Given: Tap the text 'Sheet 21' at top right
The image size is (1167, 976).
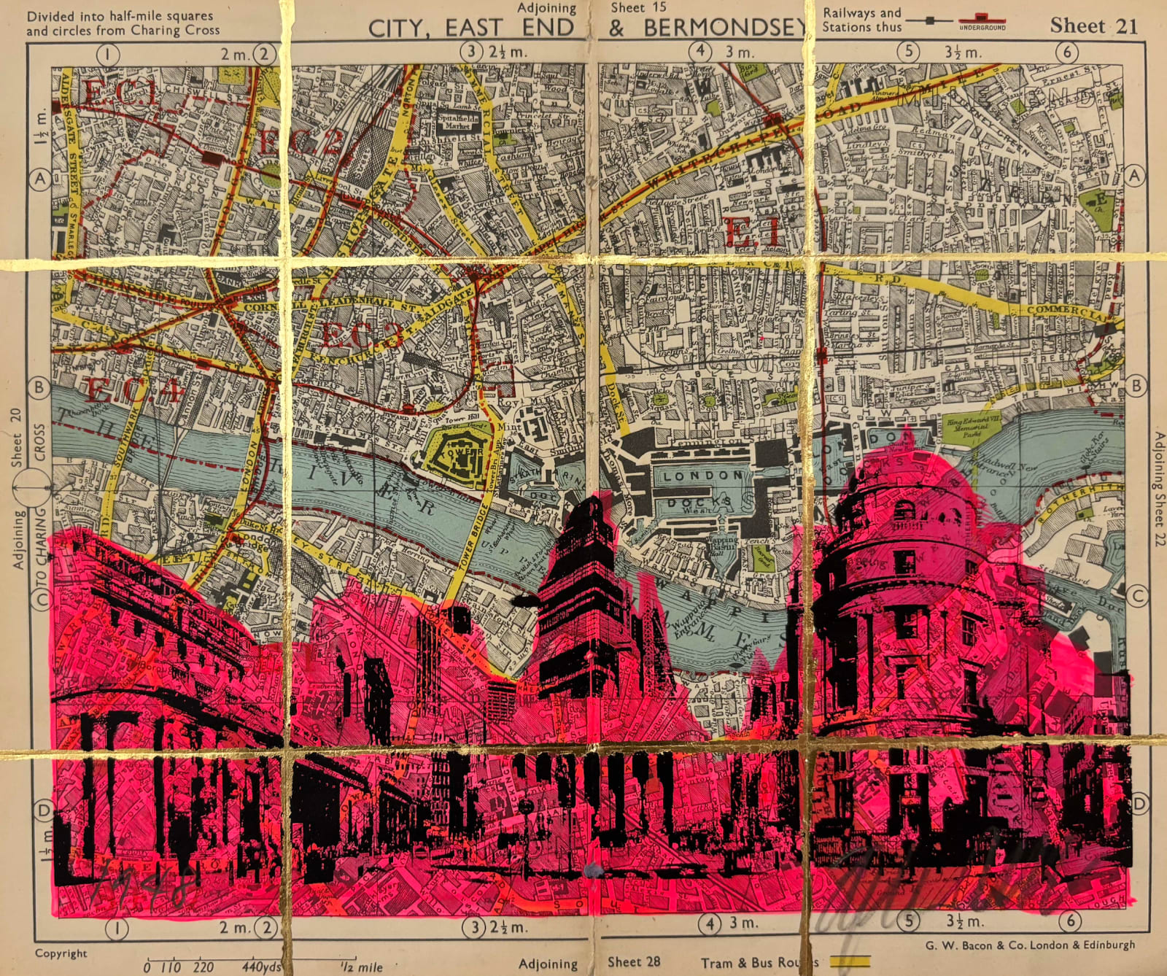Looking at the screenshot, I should (1093, 26).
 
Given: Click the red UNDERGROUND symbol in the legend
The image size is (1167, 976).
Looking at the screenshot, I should (982, 21).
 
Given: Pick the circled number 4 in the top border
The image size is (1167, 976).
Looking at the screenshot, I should (700, 51).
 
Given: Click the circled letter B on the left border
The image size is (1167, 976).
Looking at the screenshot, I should (39, 387).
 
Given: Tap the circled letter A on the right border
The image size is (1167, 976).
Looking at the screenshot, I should (1133, 175).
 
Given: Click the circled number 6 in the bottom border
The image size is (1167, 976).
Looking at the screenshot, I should (1070, 921).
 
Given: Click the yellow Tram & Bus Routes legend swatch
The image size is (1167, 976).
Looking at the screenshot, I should (850, 961).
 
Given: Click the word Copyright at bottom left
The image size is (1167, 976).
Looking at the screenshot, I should (61, 953).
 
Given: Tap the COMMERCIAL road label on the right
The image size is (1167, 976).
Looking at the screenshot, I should (1069, 311).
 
